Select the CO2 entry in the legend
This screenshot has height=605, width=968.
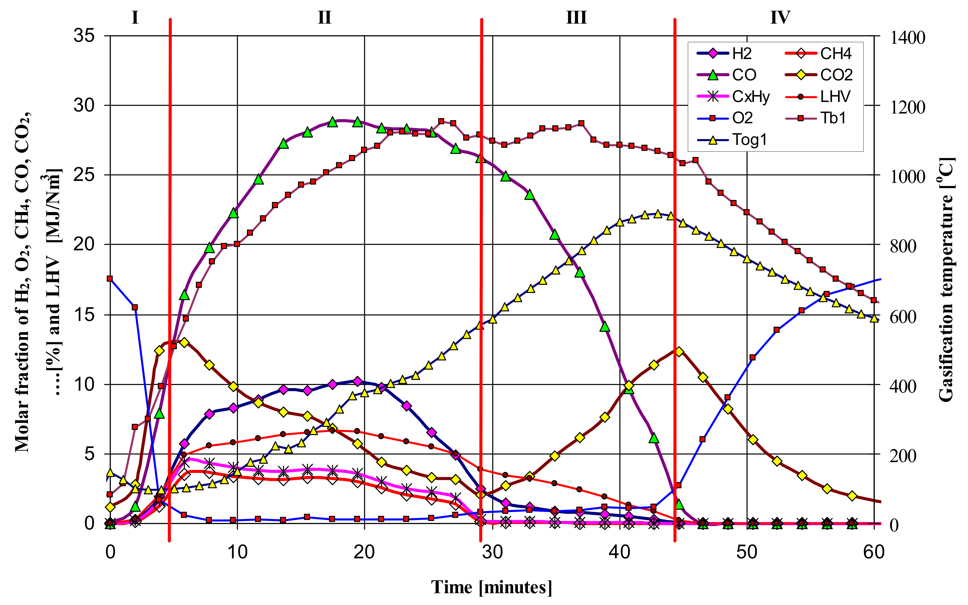836,75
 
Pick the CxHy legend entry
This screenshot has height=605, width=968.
750,97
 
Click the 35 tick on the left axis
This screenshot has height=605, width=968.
84,36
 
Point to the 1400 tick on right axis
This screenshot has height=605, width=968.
907,38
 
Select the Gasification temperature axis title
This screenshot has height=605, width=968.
946,280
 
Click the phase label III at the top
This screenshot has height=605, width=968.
576,18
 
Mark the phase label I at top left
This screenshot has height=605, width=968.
135,18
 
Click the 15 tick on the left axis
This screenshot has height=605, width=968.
84,315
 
